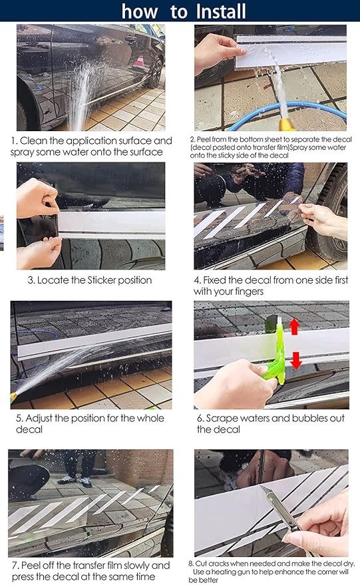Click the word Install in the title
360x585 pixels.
(x=221, y=11)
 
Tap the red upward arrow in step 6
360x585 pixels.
(x=294, y=327)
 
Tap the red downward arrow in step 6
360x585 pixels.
(x=296, y=360)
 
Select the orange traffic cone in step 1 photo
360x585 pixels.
(x=139, y=61)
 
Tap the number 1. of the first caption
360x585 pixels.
(x=15, y=141)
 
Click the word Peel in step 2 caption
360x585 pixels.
(x=204, y=140)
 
